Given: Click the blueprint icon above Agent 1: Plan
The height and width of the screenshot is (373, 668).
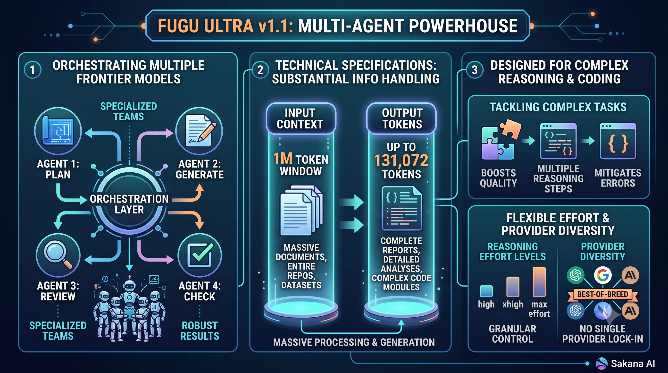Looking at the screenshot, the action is (58, 131).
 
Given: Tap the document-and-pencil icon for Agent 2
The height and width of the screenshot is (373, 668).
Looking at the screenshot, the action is (199, 131).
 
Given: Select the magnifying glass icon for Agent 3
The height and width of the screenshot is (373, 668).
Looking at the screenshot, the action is (58, 255).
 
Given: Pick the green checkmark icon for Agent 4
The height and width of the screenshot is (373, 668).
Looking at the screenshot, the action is (200, 255).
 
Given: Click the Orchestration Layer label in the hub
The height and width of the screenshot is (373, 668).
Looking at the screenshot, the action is (129, 204).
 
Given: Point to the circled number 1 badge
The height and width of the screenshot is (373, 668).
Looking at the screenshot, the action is (33, 70).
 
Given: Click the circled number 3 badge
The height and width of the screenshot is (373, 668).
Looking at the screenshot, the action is (475, 70).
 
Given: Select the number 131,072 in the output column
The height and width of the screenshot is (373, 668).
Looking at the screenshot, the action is (401, 160).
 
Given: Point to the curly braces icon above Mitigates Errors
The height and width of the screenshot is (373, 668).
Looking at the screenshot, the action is (618, 141).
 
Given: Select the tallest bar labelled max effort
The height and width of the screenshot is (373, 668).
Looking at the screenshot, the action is (539, 282).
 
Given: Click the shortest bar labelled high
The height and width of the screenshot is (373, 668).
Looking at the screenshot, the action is (486, 291).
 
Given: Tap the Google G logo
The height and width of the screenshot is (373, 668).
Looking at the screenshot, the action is (603, 275).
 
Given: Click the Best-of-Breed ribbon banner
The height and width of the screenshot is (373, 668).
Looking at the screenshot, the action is (603, 295).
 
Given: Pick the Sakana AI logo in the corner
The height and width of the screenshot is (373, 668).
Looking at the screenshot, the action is (602, 363).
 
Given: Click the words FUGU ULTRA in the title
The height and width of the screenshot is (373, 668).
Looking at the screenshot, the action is (206, 26).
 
